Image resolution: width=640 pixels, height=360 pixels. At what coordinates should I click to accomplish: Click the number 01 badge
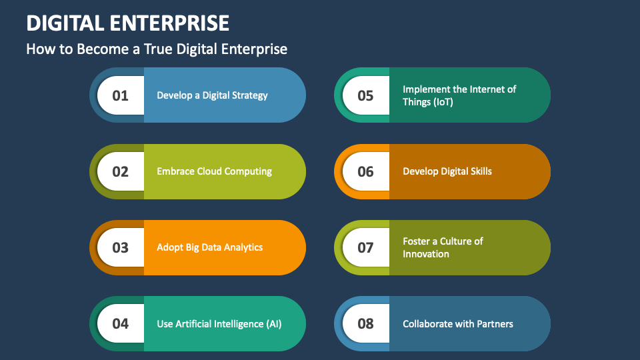coord(121,95)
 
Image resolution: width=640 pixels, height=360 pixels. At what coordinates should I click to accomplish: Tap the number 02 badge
coord(121,171)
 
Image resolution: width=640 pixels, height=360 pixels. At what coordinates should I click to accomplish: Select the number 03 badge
coord(121,247)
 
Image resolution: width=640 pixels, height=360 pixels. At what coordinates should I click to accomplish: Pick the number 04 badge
coord(121,324)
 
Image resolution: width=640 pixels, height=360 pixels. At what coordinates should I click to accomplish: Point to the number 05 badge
coord(366,95)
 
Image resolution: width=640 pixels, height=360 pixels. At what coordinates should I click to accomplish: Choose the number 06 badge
coord(366,171)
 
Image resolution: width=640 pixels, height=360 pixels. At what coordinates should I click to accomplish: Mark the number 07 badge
coord(366,247)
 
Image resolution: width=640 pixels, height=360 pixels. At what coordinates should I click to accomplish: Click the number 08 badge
coord(366,324)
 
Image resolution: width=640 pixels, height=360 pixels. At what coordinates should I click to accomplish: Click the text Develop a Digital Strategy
coord(212,95)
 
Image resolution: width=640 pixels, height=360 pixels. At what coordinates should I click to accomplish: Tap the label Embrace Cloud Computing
coord(214,171)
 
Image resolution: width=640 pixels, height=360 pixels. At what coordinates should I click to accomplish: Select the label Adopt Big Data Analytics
coord(209,247)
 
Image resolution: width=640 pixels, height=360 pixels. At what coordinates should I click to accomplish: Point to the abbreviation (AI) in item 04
coord(274,324)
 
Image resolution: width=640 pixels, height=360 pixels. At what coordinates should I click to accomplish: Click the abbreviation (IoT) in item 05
coord(438,102)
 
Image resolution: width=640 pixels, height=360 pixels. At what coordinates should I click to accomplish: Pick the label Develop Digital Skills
coord(447,171)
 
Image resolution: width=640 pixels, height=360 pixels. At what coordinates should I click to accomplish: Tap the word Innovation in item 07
coord(425,254)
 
